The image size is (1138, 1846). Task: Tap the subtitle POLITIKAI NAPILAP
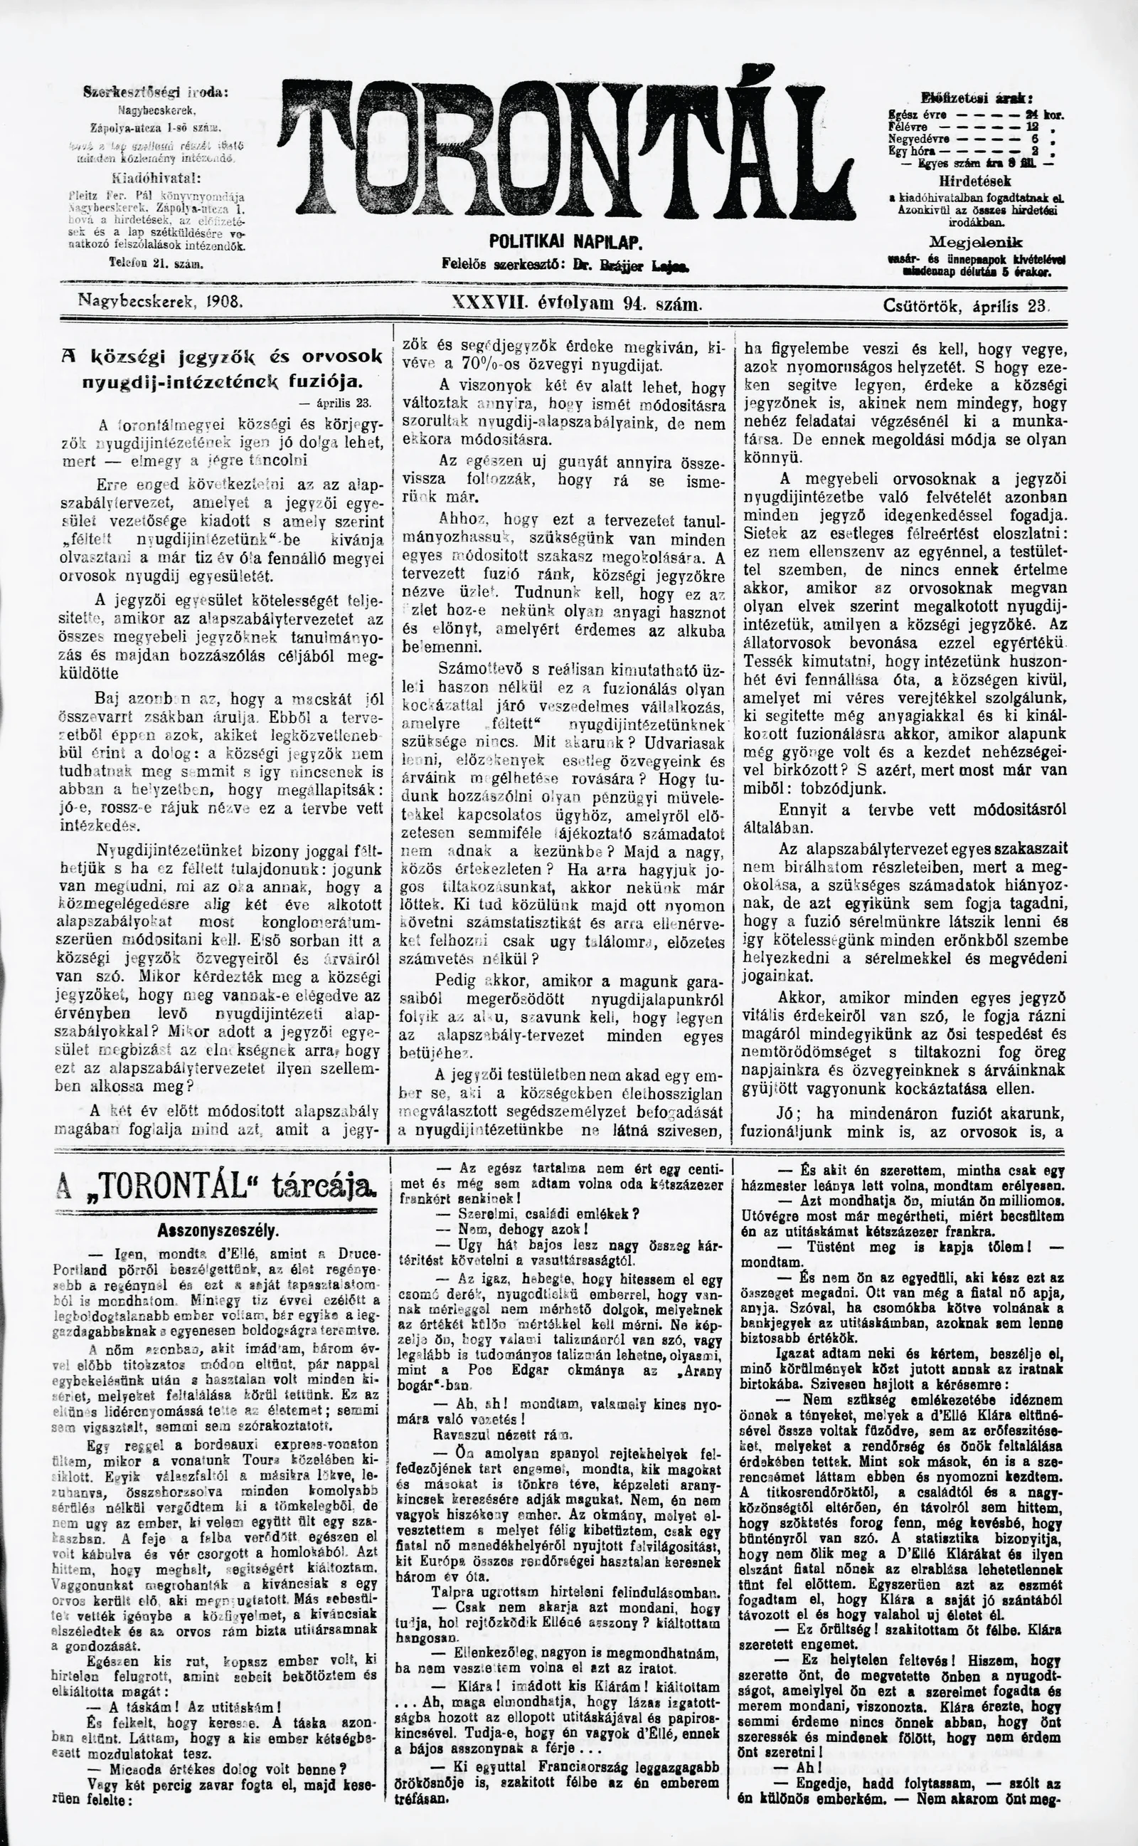coord(565,243)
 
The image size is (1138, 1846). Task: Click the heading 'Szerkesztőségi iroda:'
coord(156,93)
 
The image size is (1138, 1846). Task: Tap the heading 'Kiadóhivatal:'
coord(155,179)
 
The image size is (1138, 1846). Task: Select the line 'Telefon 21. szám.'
coord(156,263)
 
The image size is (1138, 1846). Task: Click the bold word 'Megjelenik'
coord(975,242)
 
